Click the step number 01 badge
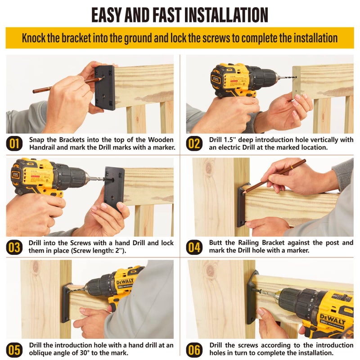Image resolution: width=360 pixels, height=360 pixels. click(14, 144)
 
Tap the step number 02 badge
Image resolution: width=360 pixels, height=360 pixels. click(194, 144)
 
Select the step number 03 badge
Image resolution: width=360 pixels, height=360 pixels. click(14, 247)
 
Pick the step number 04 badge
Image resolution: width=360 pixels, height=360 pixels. click(194, 247)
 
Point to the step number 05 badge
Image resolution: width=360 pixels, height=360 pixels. click(14, 350)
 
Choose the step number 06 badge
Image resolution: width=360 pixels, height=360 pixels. click(194, 350)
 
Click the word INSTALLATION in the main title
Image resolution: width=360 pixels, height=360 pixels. click(226, 15)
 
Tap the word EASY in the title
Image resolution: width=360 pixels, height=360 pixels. click(107, 15)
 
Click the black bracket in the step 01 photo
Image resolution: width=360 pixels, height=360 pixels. click(105, 87)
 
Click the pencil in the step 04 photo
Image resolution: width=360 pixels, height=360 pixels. click(274, 176)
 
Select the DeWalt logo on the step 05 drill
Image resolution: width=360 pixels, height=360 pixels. click(125, 282)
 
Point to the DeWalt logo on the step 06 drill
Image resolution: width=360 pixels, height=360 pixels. click(333, 319)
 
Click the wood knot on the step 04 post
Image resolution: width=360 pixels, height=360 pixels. click(209, 168)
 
